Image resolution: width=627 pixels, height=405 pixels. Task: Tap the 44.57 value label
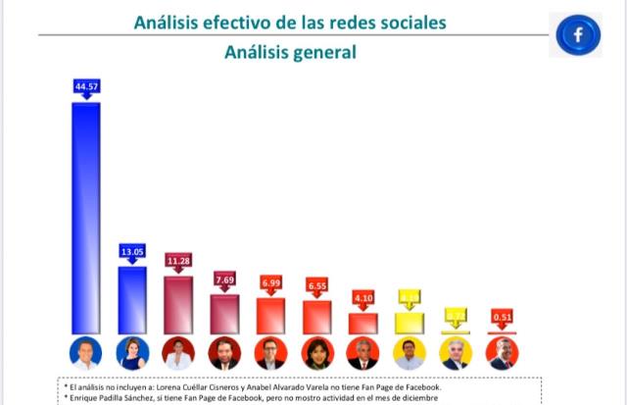coord(86,87)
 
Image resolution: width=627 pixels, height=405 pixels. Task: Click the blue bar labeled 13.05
coord(132,299)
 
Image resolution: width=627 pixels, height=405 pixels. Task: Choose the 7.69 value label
coord(224,279)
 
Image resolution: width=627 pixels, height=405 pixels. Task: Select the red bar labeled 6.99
coord(270,316)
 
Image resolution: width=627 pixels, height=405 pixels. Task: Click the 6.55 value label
coord(316,284)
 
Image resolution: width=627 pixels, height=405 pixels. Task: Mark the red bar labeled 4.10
coord(362,324)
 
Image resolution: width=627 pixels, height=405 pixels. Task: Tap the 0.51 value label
coord(502,317)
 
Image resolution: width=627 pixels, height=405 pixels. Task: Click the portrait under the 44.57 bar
coord(86,353)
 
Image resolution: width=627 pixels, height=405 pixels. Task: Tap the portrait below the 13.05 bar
coord(132,353)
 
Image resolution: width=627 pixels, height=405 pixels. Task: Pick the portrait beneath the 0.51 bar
coord(502,353)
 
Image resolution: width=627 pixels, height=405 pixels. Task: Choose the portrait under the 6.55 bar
coord(316,353)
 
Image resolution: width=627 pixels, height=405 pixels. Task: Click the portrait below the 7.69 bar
coord(224,353)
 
